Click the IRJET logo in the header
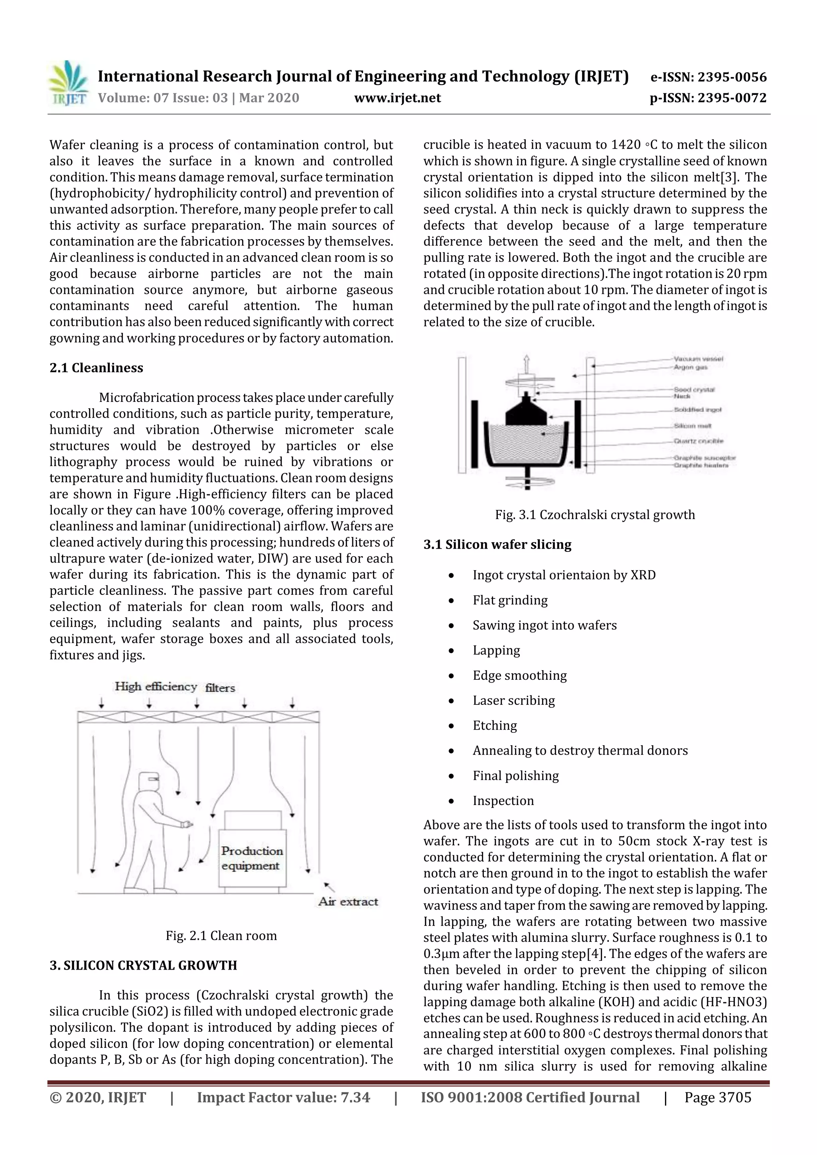[68, 83]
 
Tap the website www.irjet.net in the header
[397, 98]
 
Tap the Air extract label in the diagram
[348, 901]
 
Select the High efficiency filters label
[175, 687]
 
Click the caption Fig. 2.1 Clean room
[221, 936]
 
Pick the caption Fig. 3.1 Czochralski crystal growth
[594, 515]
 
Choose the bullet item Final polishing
[515, 776]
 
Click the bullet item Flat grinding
[510, 600]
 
